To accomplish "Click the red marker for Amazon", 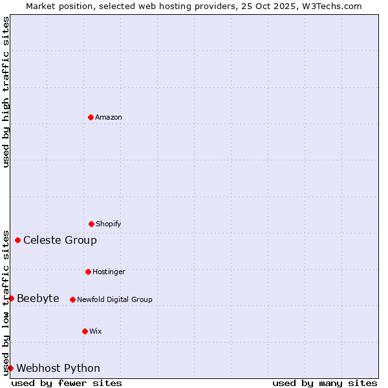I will coord(91,117).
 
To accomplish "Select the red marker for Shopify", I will coord(91,224).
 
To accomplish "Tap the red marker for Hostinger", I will coord(88,272).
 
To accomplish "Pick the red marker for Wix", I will coord(85,331).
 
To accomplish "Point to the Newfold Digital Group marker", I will coord(72,299).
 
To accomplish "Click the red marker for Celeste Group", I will coord(17,241).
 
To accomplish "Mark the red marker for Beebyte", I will coord(11,298).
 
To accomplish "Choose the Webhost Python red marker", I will coord(10,368).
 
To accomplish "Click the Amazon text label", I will coord(109,117).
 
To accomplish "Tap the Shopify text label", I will coord(109,224).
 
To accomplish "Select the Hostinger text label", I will coord(109,272).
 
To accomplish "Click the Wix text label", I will coord(96,331).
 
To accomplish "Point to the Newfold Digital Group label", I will coord(114,299).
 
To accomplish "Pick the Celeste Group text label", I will coord(60,241).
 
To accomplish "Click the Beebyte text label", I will coord(38,298).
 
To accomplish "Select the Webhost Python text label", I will coord(58,368).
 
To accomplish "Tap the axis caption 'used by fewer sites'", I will coord(67,383).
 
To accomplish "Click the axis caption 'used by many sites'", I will coord(325,383).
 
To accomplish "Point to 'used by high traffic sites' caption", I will coord(6,92).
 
